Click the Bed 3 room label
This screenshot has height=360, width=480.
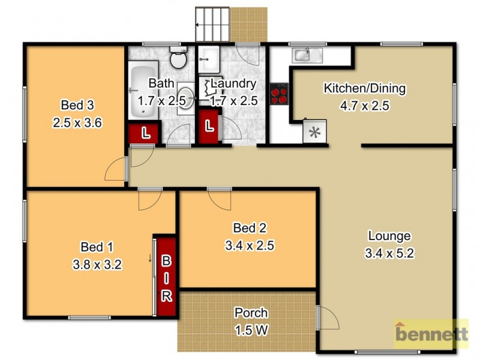click(x=77, y=106)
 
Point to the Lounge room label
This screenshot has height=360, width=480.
click(x=389, y=236)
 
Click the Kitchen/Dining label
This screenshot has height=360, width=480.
click(x=365, y=89)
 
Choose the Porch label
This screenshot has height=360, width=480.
click(x=251, y=313)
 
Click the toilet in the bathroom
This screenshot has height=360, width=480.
click(x=178, y=59)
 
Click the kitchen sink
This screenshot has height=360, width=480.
click(x=301, y=56)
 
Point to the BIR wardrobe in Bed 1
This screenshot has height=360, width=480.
click(x=166, y=277)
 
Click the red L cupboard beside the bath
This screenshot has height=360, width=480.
click(x=144, y=133)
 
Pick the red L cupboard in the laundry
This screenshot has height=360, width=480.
click(x=208, y=126)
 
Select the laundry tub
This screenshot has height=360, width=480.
click(x=209, y=58)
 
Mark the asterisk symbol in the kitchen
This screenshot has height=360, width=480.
click(x=314, y=133)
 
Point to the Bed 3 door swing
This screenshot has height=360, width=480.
click(x=116, y=170)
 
